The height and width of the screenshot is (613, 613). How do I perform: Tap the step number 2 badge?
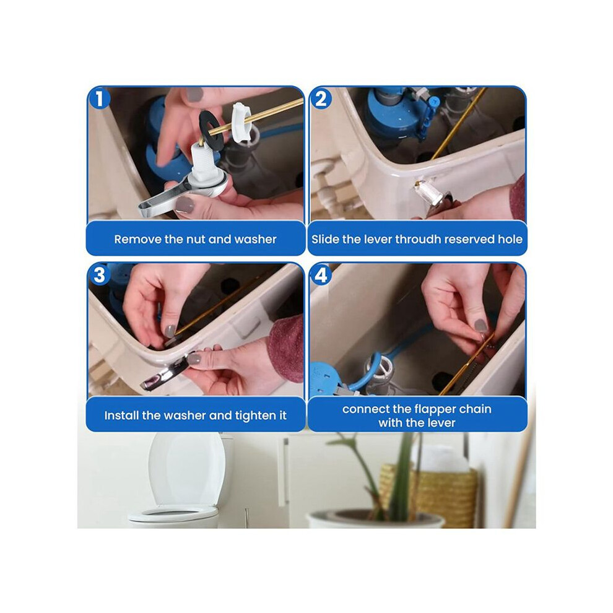click(x=321, y=98)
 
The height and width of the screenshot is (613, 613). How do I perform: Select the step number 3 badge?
click(x=99, y=274)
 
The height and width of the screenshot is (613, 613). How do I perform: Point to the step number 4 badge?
click(x=321, y=275)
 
